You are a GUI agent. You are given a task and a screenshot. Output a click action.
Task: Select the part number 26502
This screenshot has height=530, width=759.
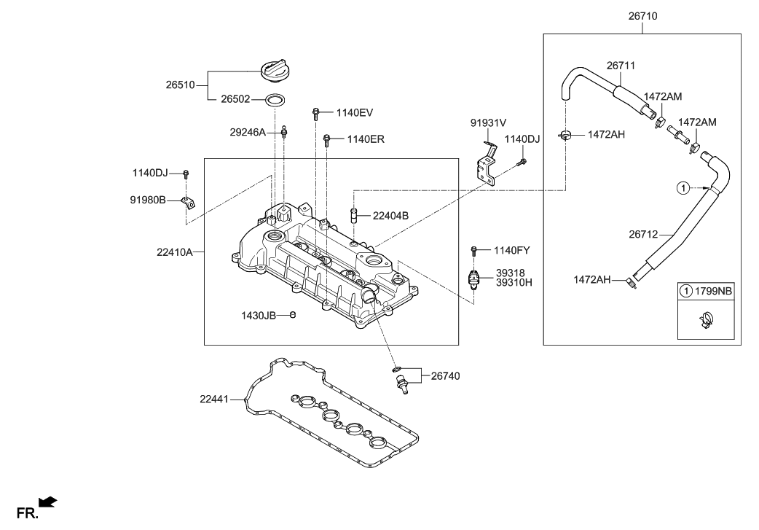click(x=237, y=100)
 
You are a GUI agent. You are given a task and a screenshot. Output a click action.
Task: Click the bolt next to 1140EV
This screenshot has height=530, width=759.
click(x=316, y=112)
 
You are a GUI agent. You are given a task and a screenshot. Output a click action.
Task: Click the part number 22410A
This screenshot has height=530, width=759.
click(x=174, y=252)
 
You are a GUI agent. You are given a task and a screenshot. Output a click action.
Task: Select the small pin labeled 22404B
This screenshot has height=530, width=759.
click(x=354, y=216)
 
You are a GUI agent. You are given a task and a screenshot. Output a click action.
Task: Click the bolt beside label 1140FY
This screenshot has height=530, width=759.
click(x=474, y=250)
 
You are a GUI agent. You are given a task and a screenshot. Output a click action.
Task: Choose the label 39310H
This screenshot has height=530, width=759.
click(x=514, y=282)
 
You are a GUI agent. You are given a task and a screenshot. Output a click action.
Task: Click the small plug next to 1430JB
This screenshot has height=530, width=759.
click(x=293, y=315)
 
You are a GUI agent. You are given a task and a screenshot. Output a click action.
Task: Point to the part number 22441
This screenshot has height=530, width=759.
click(x=215, y=399)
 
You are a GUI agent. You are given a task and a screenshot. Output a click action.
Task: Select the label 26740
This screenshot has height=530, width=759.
click(x=445, y=375)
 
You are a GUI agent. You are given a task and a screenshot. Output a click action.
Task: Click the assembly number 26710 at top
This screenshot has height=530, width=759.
click(x=642, y=15)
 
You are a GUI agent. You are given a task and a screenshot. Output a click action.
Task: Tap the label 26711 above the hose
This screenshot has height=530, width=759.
click(x=621, y=66)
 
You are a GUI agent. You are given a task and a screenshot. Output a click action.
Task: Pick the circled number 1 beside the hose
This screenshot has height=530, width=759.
click(x=683, y=188)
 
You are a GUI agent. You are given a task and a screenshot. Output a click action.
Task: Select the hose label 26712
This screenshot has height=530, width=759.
click(x=643, y=234)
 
